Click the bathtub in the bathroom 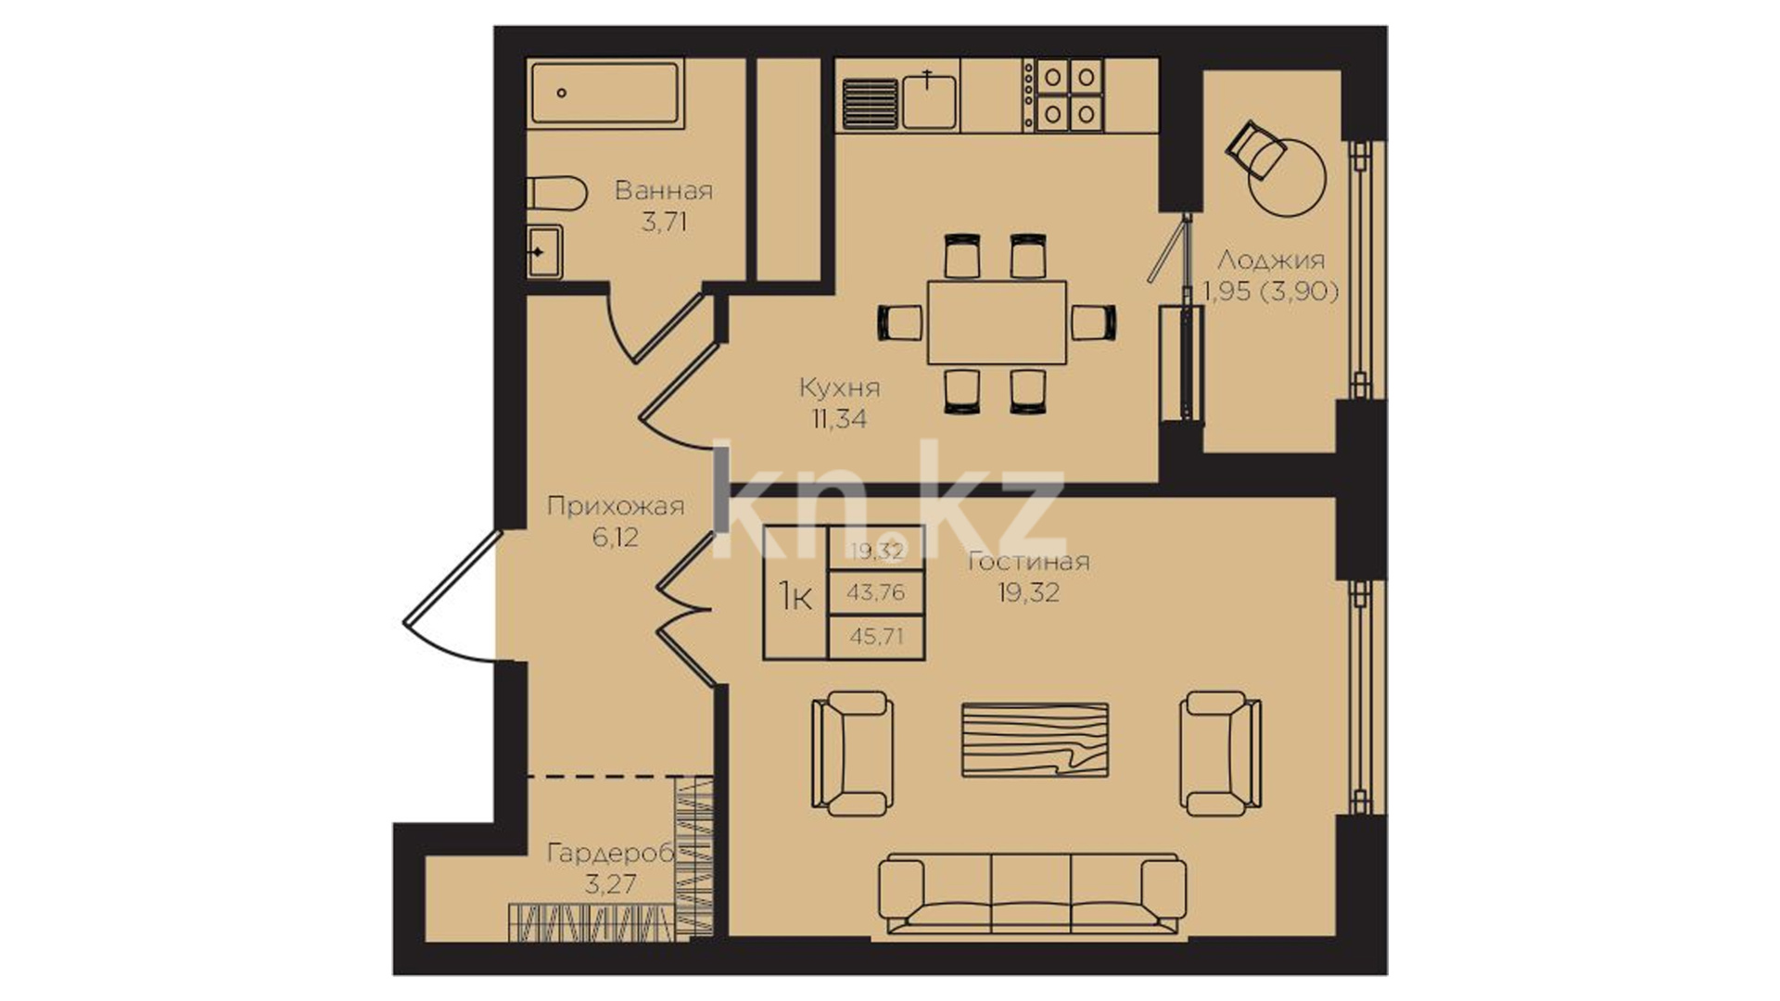coord(606,93)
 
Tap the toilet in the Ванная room coord(557,195)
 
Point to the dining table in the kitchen coord(997,323)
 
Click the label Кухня coord(839,386)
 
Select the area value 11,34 coord(839,419)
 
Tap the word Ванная coord(664,191)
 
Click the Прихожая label coord(616,506)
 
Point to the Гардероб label coord(611,853)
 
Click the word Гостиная coord(1028,561)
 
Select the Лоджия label coord(1271,260)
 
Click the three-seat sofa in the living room coord(1032,893)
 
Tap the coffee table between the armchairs coord(1035,739)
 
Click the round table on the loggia coord(1288,177)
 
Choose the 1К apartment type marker coord(795,596)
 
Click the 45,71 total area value coord(876,637)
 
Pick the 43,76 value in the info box coord(876,592)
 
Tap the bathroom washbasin coord(544,250)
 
